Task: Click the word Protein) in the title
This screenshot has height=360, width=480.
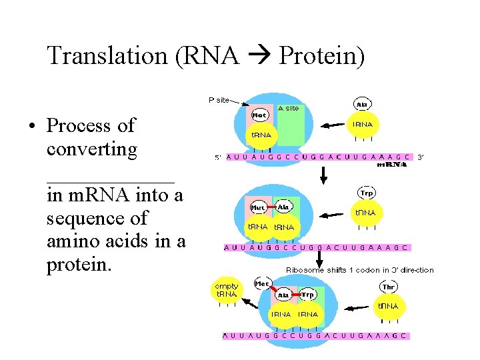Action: (x=322, y=56)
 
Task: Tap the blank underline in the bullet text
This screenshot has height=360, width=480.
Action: (x=111, y=180)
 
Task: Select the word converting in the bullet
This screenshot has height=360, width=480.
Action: (x=92, y=149)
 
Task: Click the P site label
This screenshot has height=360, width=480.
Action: (x=219, y=100)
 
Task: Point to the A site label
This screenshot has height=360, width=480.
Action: (x=288, y=108)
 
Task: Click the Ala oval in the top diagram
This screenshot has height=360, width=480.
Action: (x=362, y=105)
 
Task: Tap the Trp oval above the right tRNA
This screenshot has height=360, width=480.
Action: (x=367, y=193)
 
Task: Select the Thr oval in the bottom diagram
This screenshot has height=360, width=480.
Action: (x=389, y=287)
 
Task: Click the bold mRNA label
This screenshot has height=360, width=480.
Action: (x=393, y=165)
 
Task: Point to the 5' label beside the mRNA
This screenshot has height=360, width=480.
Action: (x=217, y=158)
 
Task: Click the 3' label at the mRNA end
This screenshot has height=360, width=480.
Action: (x=421, y=158)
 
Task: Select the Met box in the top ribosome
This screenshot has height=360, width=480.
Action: (x=259, y=115)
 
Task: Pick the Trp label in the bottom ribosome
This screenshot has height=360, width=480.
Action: (x=307, y=295)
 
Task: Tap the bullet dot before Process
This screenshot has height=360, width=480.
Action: (x=31, y=126)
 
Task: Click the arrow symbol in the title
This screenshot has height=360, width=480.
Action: (x=259, y=57)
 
